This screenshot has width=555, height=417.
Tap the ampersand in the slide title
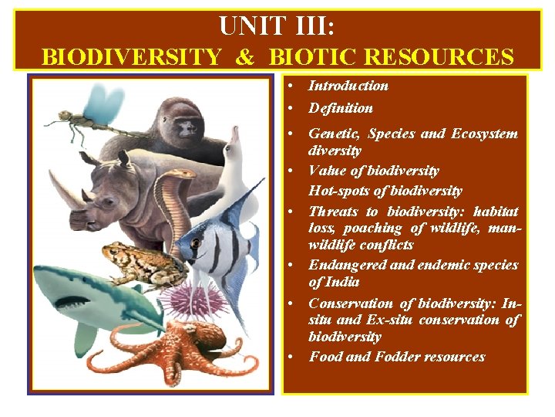[x=245, y=57]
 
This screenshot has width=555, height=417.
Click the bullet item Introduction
[x=348, y=86]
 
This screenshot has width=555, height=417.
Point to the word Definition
[x=340, y=108]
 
